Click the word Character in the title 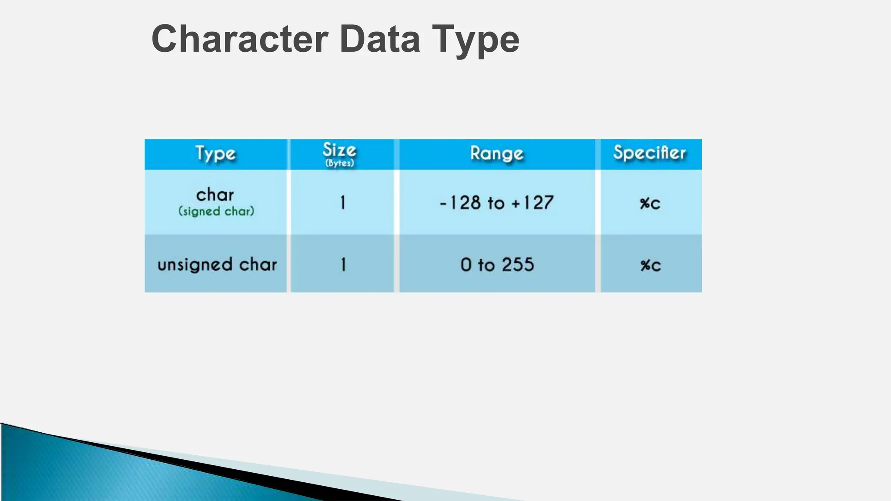tap(240, 39)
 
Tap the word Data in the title tap(380, 39)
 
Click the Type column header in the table tap(215, 154)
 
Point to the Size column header tap(339, 150)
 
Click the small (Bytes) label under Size tap(340, 164)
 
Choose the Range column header tap(496, 154)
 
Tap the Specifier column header tap(650, 153)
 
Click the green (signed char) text tap(216, 211)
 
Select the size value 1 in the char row tap(343, 203)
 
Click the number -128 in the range tap(460, 203)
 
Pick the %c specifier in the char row tap(650, 203)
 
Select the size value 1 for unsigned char tap(343, 264)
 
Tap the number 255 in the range tap(518, 264)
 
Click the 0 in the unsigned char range tap(466, 264)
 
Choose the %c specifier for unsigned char tap(650, 265)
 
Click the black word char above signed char tap(215, 194)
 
